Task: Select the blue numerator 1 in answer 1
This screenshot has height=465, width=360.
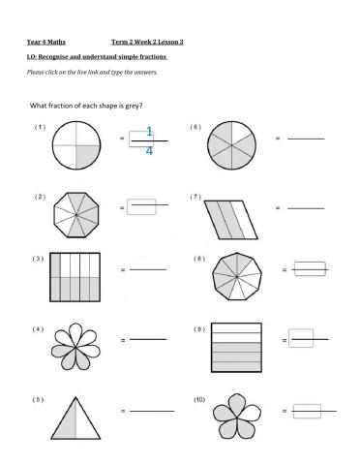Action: (149, 131)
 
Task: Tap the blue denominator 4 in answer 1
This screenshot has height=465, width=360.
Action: (149, 150)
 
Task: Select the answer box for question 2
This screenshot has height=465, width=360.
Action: (142, 206)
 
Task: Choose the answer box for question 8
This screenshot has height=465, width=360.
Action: (308, 269)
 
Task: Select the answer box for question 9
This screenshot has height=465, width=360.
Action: (301, 339)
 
